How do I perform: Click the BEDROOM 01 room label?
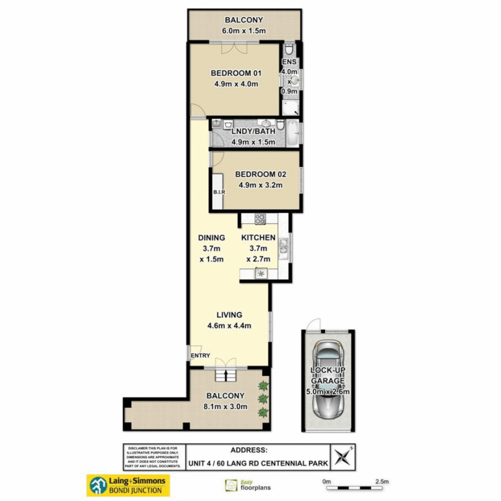coord(236,73)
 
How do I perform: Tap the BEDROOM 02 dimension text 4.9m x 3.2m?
coord(260,185)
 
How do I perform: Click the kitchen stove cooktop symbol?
coord(260,218)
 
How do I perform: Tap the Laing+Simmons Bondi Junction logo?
coord(128,485)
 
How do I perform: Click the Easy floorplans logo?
coord(248,485)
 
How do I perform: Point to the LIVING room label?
coord(229,315)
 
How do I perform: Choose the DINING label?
coord(212,238)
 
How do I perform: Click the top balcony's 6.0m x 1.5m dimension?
coord(244,31)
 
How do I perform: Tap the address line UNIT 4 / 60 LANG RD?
coord(257,462)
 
